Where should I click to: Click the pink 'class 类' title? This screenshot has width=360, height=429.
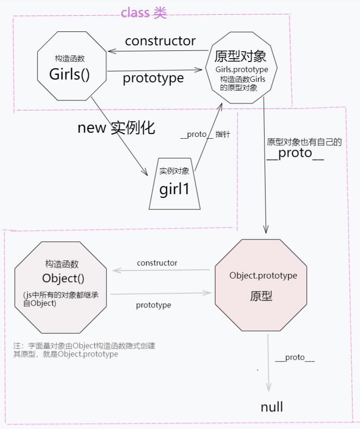[143, 12]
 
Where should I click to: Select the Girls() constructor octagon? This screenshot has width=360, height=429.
[72, 66]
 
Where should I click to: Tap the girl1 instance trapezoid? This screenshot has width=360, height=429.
[174, 185]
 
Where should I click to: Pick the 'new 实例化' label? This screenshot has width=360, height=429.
[116, 128]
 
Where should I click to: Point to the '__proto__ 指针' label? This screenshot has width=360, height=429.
[205, 135]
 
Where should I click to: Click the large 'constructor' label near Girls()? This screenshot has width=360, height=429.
[160, 41]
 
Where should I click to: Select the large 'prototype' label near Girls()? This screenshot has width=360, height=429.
[153, 78]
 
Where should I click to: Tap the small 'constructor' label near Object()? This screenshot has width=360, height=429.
[157, 263]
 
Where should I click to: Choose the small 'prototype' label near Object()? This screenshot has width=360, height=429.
[153, 305]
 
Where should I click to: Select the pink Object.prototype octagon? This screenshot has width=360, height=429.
[261, 285]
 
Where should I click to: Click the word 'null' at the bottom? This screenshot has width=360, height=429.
[272, 407]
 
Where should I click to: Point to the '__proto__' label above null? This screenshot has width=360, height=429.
[295, 357]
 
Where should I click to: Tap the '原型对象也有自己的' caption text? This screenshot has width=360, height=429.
[304, 142]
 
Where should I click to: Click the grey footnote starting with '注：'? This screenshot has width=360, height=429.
[84, 350]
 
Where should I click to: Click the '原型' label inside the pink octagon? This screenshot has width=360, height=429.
[261, 296]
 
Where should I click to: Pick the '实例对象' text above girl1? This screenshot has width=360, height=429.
[174, 171]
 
